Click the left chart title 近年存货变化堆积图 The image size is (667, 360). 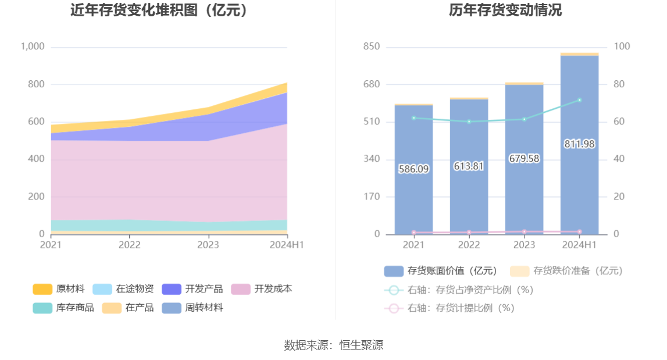pyautogui.click(x=159, y=10)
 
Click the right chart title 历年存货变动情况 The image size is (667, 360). pyautogui.click(x=505, y=10)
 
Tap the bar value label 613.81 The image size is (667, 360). pyautogui.click(x=469, y=166)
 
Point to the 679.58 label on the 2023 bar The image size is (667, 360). pyautogui.click(x=524, y=158)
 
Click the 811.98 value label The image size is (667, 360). pyautogui.click(x=579, y=144)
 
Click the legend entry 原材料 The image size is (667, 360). pyautogui.click(x=59, y=289)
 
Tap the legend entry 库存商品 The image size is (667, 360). pyautogui.click(x=64, y=308)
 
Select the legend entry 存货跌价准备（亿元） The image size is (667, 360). pyautogui.click(x=566, y=270)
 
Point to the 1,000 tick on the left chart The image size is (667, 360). pyautogui.click(x=33, y=47)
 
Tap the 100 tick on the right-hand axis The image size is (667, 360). pyautogui.click(x=623, y=47)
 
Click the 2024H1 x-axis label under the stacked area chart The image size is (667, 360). pyautogui.click(x=287, y=245)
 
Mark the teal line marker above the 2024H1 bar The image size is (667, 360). pyautogui.click(x=579, y=100)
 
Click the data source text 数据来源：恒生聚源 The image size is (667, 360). pyautogui.click(x=333, y=345)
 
